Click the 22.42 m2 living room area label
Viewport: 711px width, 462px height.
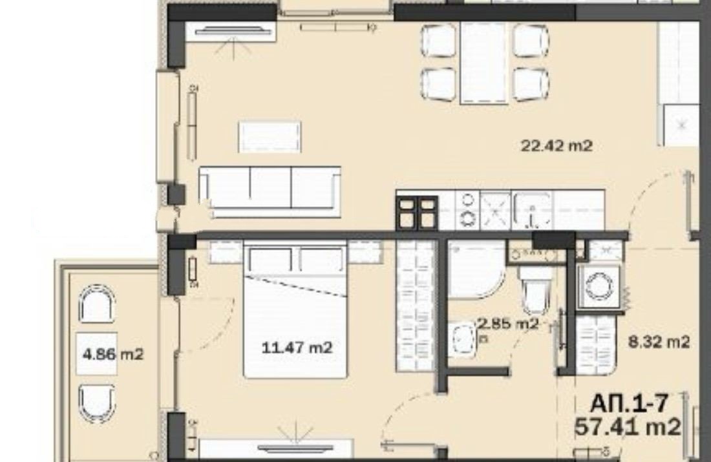(x=557, y=146)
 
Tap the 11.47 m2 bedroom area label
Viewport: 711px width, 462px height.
(x=297, y=348)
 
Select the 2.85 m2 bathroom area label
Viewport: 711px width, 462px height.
(x=508, y=324)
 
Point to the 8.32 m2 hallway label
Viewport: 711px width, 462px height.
(x=659, y=341)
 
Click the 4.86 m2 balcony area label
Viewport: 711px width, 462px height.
(x=113, y=353)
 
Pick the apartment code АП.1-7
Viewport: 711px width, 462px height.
(x=630, y=403)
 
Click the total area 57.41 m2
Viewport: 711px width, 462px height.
(x=628, y=427)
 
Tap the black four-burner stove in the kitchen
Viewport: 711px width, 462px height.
(x=418, y=213)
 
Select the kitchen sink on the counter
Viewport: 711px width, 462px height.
(x=532, y=211)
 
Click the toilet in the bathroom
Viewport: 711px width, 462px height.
(x=535, y=289)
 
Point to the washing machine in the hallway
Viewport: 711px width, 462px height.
(x=599, y=287)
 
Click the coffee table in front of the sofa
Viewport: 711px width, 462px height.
(x=270, y=136)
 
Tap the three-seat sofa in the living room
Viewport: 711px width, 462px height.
(x=270, y=192)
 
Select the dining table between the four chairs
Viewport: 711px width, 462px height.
(x=483, y=63)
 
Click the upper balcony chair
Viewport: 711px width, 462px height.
(x=96, y=304)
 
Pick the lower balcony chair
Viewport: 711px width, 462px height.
(x=96, y=404)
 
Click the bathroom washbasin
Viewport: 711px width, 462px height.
(x=462, y=340)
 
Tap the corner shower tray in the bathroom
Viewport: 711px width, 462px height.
(x=476, y=269)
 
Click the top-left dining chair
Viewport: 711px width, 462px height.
(x=438, y=41)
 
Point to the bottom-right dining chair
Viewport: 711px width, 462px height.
(x=531, y=85)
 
